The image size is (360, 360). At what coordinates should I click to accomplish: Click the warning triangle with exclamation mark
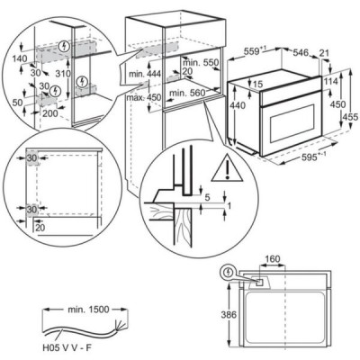pos(227,168)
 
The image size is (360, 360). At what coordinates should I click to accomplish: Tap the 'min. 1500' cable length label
pos(88,309)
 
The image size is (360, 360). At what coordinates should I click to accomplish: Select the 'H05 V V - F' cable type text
pos(67,348)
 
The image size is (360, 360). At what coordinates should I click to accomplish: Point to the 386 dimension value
pos(229,315)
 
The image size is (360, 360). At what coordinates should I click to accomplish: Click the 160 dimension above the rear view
pos(273,258)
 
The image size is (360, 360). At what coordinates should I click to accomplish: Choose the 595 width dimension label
pos(309,157)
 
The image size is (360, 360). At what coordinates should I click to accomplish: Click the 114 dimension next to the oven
pos(330,81)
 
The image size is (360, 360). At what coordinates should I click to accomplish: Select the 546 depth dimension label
pos(301,53)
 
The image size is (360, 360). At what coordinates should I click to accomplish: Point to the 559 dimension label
pos(254,51)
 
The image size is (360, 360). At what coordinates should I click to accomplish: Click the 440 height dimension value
pos(238,105)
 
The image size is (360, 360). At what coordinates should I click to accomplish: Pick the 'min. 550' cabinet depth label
pos(201,63)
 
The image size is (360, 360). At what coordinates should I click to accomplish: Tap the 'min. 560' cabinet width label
pos(187,93)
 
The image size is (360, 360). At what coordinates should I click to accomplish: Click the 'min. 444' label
pos(145,74)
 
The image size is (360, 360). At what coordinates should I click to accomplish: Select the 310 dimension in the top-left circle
pos(63,73)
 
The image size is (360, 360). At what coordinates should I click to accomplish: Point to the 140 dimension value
pos(20,58)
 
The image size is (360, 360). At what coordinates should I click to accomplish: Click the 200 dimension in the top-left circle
pos(50,113)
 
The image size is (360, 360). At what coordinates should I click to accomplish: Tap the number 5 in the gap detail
pos(207,197)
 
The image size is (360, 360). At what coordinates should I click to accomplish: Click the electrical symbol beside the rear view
pos(229,273)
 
